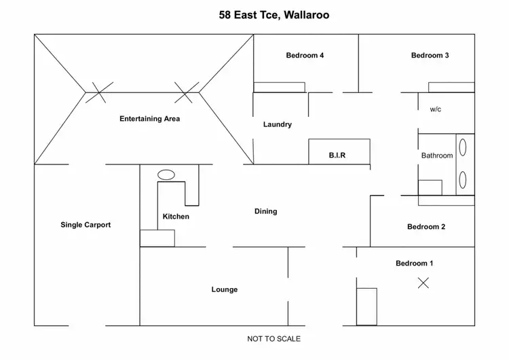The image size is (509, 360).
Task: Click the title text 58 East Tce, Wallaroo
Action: click(274, 14)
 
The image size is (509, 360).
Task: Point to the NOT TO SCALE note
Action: click(274, 338)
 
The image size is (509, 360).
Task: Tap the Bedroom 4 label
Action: click(304, 56)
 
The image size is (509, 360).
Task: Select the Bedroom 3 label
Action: click(430, 56)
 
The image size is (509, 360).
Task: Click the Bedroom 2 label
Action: click(426, 227)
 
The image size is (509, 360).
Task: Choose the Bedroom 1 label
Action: click(415, 263)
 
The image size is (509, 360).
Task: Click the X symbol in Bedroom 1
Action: click(423, 283)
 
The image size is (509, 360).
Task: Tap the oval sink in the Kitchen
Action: click(166, 175)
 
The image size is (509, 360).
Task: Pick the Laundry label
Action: click(278, 124)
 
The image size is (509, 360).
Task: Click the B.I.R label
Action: click(337, 156)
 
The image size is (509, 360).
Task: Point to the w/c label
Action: click(436, 109)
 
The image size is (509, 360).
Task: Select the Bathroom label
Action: click(436, 156)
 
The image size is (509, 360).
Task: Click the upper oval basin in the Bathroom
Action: click(463, 147)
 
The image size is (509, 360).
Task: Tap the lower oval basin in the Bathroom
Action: click(463, 180)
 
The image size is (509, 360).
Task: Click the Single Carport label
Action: click(86, 225)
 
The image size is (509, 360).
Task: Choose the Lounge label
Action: click(224, 289)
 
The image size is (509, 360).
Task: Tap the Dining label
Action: click(265, 211)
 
